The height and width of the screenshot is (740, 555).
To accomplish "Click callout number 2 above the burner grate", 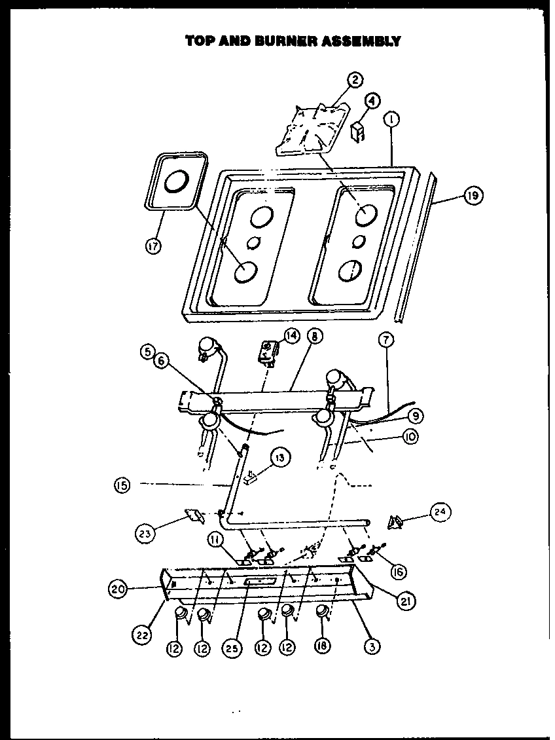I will [354, 81].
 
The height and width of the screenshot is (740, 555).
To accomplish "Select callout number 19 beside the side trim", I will [473, 196].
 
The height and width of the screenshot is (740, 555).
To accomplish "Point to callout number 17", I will [154, 246].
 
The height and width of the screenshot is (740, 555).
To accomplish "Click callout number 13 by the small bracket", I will [279, 458].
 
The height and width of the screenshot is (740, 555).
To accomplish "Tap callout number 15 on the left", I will [122, 485].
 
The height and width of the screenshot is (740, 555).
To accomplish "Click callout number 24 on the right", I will [440, 511].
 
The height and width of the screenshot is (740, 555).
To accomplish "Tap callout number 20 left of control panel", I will [118, 588].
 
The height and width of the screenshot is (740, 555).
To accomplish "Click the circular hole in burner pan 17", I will [177, 183].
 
